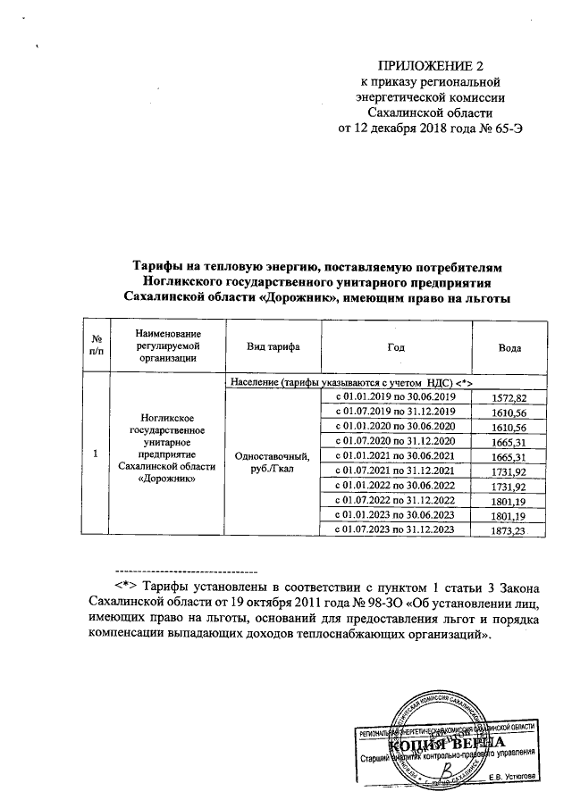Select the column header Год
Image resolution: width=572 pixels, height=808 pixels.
tap(396, 346)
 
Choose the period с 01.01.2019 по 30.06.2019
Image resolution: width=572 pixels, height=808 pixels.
tap(396, 396)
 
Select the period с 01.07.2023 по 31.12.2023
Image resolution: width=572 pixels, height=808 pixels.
tap(396, 530)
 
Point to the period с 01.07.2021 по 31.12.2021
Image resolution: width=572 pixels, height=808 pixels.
tap(396, 471)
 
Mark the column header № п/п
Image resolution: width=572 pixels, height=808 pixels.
tap(95, 346)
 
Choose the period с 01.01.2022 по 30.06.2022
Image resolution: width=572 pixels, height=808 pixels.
tap(396, 486)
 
